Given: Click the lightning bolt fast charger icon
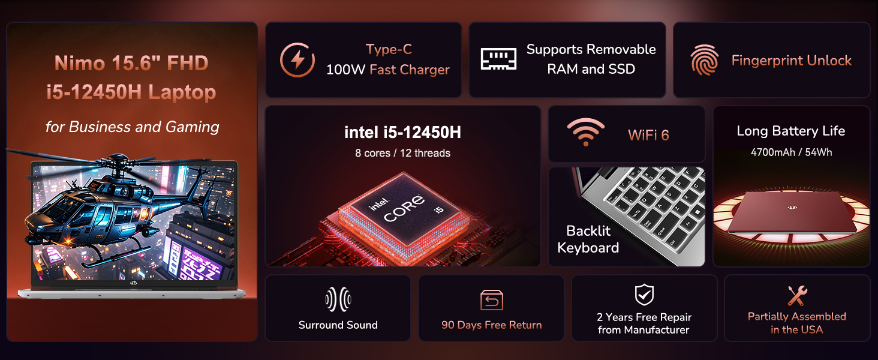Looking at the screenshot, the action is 297,60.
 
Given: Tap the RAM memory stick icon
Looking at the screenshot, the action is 498,59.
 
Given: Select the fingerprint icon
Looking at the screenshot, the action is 704,60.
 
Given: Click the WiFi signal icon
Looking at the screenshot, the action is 586,133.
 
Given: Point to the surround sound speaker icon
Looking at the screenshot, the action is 338,299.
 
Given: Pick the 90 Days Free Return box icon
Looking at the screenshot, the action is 491,300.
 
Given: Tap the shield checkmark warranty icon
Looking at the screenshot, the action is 644,295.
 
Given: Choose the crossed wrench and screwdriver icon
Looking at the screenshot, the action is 797,296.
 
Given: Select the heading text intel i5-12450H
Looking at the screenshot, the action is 402,132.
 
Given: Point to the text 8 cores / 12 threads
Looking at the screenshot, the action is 402,153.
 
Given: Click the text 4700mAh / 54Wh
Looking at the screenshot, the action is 791,152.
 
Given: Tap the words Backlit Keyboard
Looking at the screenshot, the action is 588,239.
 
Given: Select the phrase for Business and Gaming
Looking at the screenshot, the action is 132,127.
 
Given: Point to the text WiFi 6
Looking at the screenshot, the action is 648,135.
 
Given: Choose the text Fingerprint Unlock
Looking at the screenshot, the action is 791,61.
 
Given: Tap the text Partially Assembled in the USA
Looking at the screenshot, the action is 796,323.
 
